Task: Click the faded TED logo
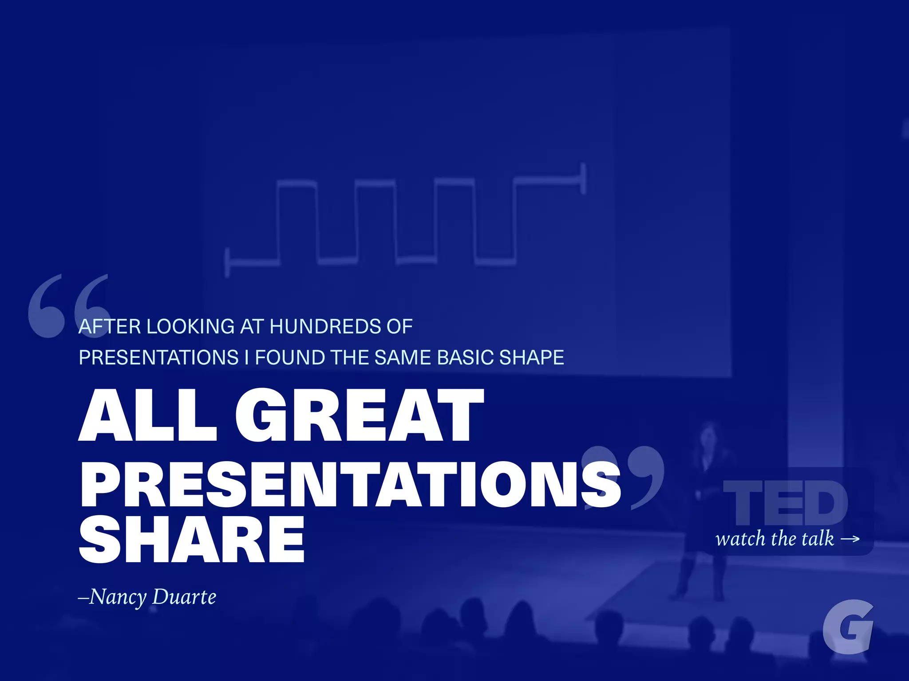click(x=785, y=503)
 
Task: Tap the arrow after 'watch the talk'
click(x=850, y=539)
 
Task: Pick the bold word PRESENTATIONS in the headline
click(x=350, y=484)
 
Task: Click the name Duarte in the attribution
click(x=184, y=597)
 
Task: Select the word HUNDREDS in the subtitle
click(x=325, y=327)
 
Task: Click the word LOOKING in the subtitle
click(x=190, y=327)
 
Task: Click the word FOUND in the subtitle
click(x=290, y=357)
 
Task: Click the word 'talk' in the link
click(x=816, y=538)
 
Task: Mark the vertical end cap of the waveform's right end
click(x=583, y=178)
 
